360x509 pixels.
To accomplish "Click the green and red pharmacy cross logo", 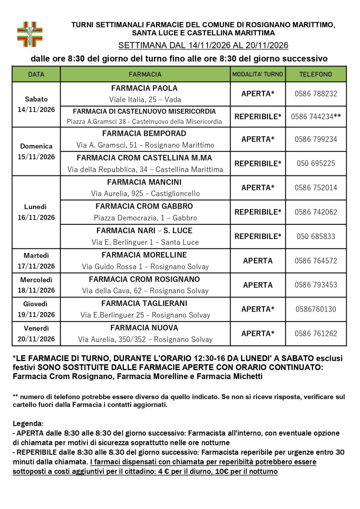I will point(30,34).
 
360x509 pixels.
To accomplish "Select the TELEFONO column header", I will point(316,74).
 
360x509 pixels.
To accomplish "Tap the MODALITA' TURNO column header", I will point(258,74).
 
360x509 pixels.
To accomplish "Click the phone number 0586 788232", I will point(316,94).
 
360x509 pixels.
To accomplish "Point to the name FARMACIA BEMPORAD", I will point(144,134).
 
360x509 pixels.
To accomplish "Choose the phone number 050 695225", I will point(316,163).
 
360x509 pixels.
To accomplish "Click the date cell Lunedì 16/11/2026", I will point(36,212).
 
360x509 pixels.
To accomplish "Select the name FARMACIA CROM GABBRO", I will point(144,206).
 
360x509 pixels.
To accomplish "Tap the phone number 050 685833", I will point(316,237).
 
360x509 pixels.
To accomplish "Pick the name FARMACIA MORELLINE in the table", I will point(144,255).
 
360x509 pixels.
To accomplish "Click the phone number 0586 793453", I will point(316,285).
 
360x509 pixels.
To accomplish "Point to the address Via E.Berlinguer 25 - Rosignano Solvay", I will point(145,315).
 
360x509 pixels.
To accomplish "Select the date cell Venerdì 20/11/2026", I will point(36,333).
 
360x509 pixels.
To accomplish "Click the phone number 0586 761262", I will point(316,333).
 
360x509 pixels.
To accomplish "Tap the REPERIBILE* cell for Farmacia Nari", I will point(258,237).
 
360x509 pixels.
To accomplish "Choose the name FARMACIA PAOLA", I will point(144,88).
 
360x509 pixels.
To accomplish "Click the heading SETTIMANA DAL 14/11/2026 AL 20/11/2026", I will point(203,45).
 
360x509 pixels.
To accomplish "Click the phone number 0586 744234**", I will point(316,117).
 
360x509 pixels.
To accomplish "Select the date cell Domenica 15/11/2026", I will point(36,152).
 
